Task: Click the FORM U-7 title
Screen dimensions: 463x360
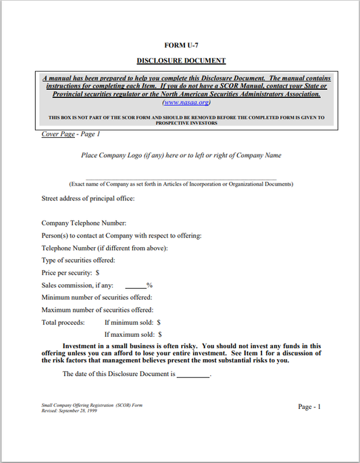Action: pyautogui.click(x=181, y=45)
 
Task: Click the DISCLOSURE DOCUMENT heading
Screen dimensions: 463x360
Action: pyautogui.click(x=181, y=60)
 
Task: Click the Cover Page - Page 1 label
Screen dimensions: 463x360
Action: pyautogui.click(x=71, y=134)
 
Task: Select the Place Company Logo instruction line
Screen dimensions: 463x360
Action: pyautogui.click(x=181, y=155)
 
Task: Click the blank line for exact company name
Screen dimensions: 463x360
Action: pyautogui.click(x=181, y=178)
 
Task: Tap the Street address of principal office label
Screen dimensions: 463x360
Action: pyautogui.click(x=88, y=198)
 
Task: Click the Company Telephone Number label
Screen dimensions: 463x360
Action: pyautogui.click(x=84, y=223)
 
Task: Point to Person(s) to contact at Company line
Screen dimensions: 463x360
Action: pyautogui.click(x=121, y=236)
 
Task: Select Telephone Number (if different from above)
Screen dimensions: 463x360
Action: pyautogui.click(x=104, y=248)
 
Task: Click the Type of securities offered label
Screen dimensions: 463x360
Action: pyautogui.click(x=78, y=260)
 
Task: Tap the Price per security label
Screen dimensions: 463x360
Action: pyautogui.click(x=70, y=273)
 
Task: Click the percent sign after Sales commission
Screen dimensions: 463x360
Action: pyautogui.click(x=149, y=285)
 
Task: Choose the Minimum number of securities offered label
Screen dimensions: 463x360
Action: pyautogui.click(x=97, y=297)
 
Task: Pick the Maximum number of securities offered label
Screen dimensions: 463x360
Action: pyautogui.click(x=97, y=310)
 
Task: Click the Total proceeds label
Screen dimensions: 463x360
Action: pyautogui.click(x=63, y=323)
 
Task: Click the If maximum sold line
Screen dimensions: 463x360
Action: pyautogui.click(x=133, y=334)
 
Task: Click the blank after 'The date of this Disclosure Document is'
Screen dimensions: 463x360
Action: pyautogui.click(x=193, y=373)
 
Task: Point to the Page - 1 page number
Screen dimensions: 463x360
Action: pyautogui.click(x=309, y=406)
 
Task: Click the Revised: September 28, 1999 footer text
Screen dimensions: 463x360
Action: pyautogui.click(x=69, y=410)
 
